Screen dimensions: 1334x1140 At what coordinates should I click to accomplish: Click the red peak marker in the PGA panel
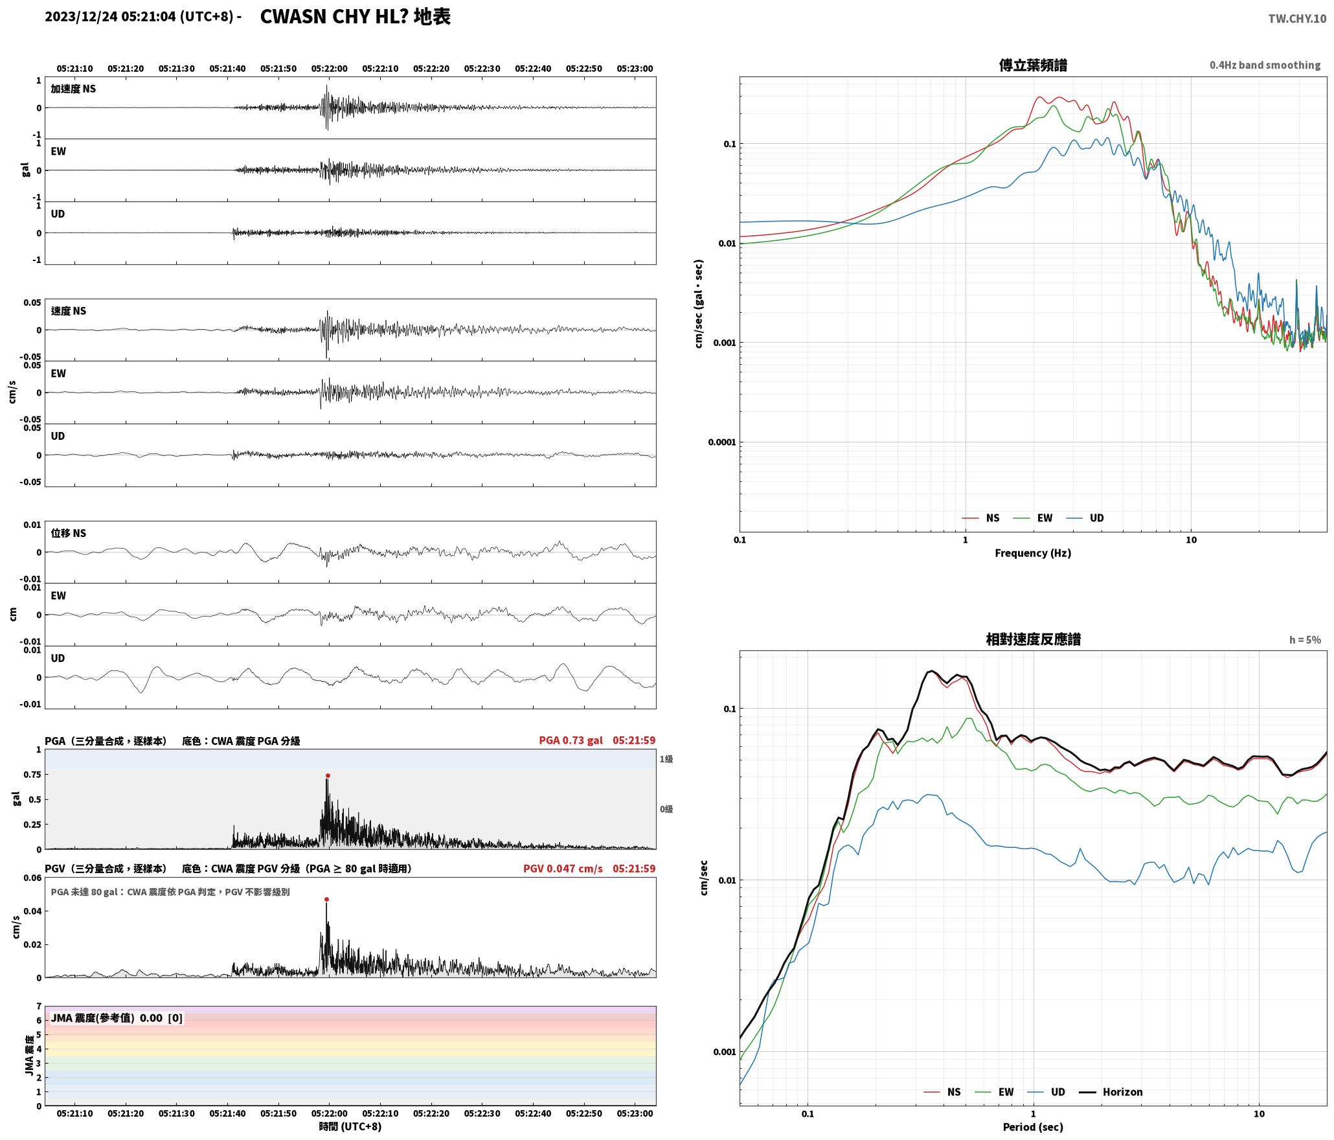click(x=328, y=775)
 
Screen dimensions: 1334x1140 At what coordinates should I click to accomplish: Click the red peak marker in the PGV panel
click(x=326, y=899)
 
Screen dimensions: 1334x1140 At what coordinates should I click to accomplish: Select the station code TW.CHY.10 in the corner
click(x=1296, y=19)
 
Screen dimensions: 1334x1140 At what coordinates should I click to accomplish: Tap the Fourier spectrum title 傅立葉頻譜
click(x=1033, y=65)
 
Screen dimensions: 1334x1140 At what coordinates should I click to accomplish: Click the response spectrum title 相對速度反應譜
click(x=1033, y=639)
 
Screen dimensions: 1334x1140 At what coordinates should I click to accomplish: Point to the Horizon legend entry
click(x=1110, y=1092)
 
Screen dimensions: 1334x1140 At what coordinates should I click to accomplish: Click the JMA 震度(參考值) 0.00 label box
click(x=117, y=1018)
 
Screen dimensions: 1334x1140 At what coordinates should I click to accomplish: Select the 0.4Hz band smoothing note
click(x=1265, y=65)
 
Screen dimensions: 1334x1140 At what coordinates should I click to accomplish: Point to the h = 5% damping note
click(x=1304, y=639)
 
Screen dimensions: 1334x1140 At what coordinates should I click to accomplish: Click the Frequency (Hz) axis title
click(x=1033, y=553)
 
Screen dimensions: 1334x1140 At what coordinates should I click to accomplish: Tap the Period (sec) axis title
click(x=1033, y=1126)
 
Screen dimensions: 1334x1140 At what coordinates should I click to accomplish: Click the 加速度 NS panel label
click(x=73, y=89)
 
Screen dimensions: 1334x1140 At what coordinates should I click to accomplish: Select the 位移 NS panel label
click(x=69, y=533)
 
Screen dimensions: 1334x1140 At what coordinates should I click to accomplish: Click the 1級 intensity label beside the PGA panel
click(x=666, y=758)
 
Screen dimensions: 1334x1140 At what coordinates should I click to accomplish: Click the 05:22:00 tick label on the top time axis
click(x=329, y=68)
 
